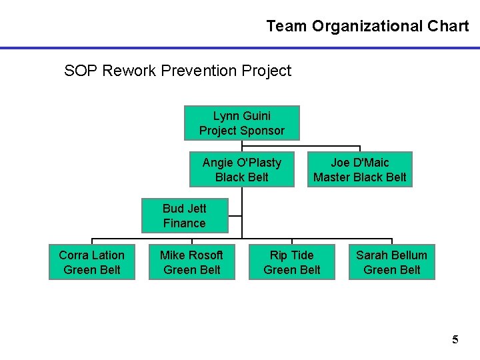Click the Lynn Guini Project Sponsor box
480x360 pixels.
coord(241,123)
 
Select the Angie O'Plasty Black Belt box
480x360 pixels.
coord(241,169)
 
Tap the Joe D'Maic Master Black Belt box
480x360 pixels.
coord(359,169)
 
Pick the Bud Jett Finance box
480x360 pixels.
coord(185,215)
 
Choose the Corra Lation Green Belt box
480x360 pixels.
coord(92,262)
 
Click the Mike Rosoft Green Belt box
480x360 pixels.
coord(191,262)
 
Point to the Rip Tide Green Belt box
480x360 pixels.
coord(291,262)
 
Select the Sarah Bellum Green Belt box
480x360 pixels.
coord(391,262)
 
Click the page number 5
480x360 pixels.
coord(455,340)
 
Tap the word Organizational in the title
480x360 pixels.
coord(367,27)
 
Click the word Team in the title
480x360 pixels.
coord(287,27)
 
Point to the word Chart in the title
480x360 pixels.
coord(448,27)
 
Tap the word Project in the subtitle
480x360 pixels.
coord(267,71)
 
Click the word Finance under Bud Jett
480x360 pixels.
coord(185,223)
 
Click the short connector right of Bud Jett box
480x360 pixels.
coord(235,215)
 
